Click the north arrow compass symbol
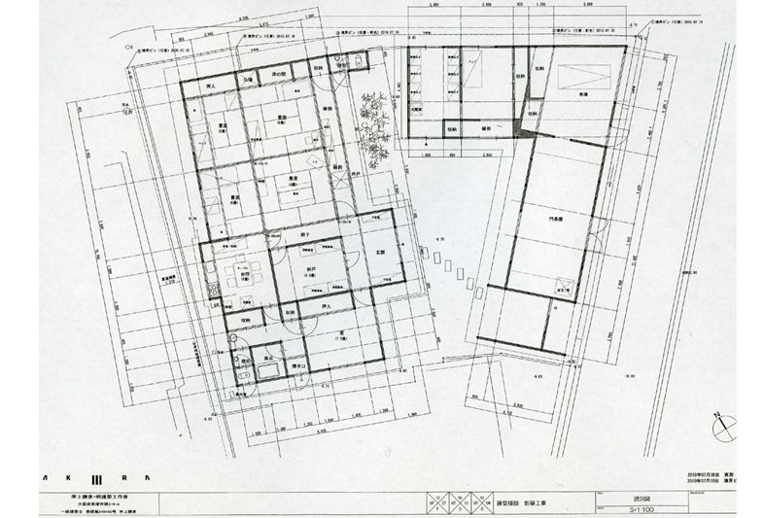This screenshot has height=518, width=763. [722, 426]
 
